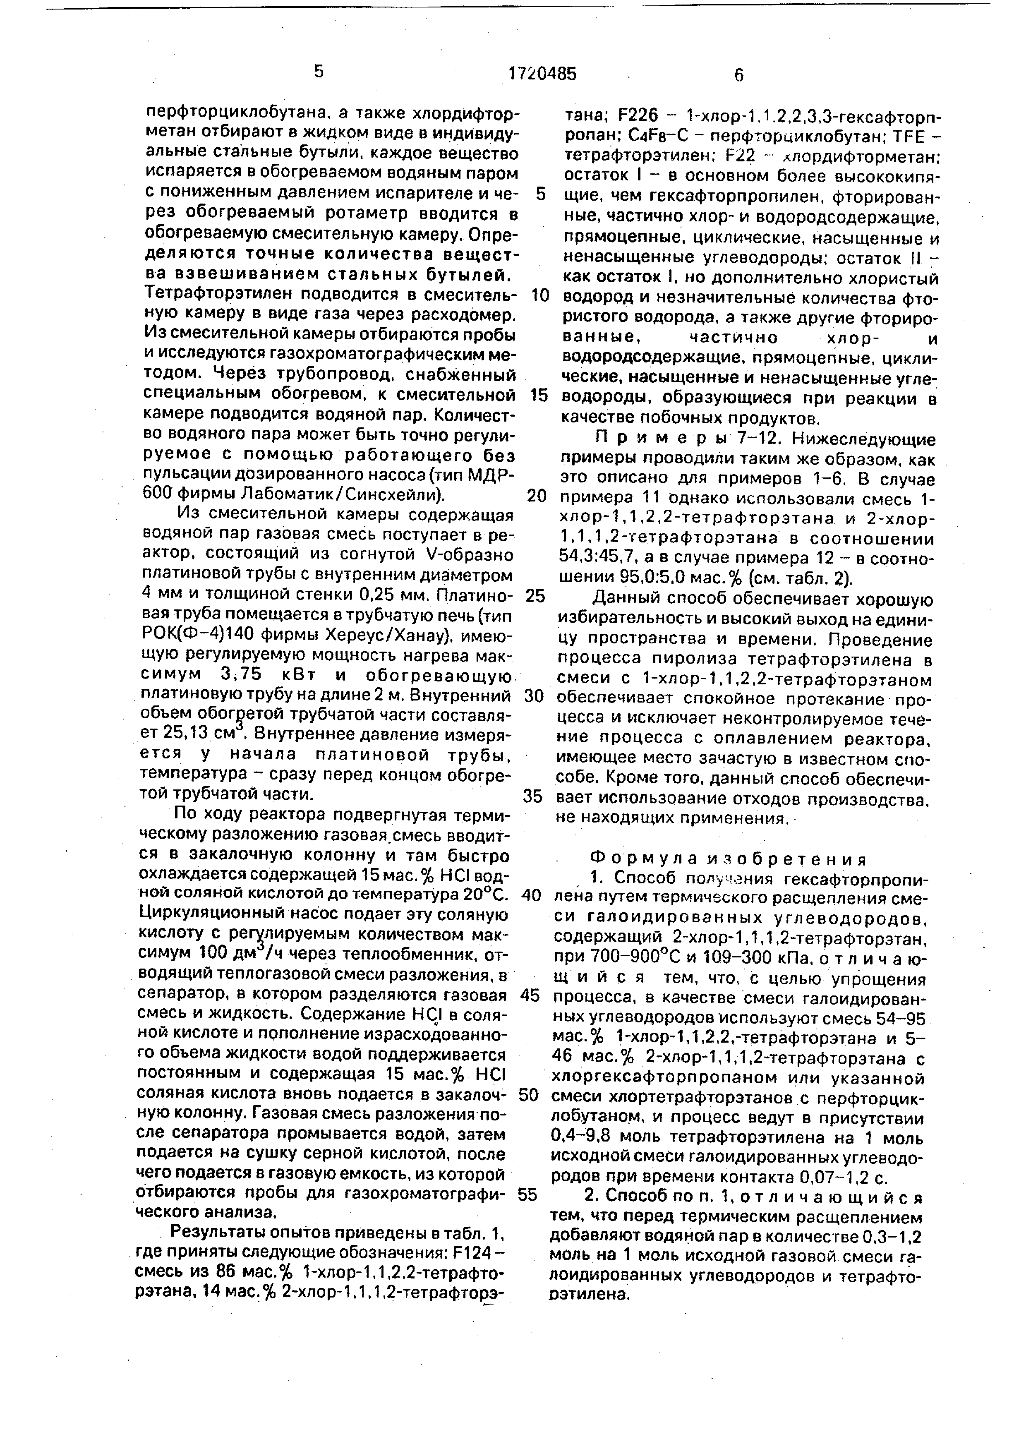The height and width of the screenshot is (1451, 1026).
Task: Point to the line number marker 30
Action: click(535, 696)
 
